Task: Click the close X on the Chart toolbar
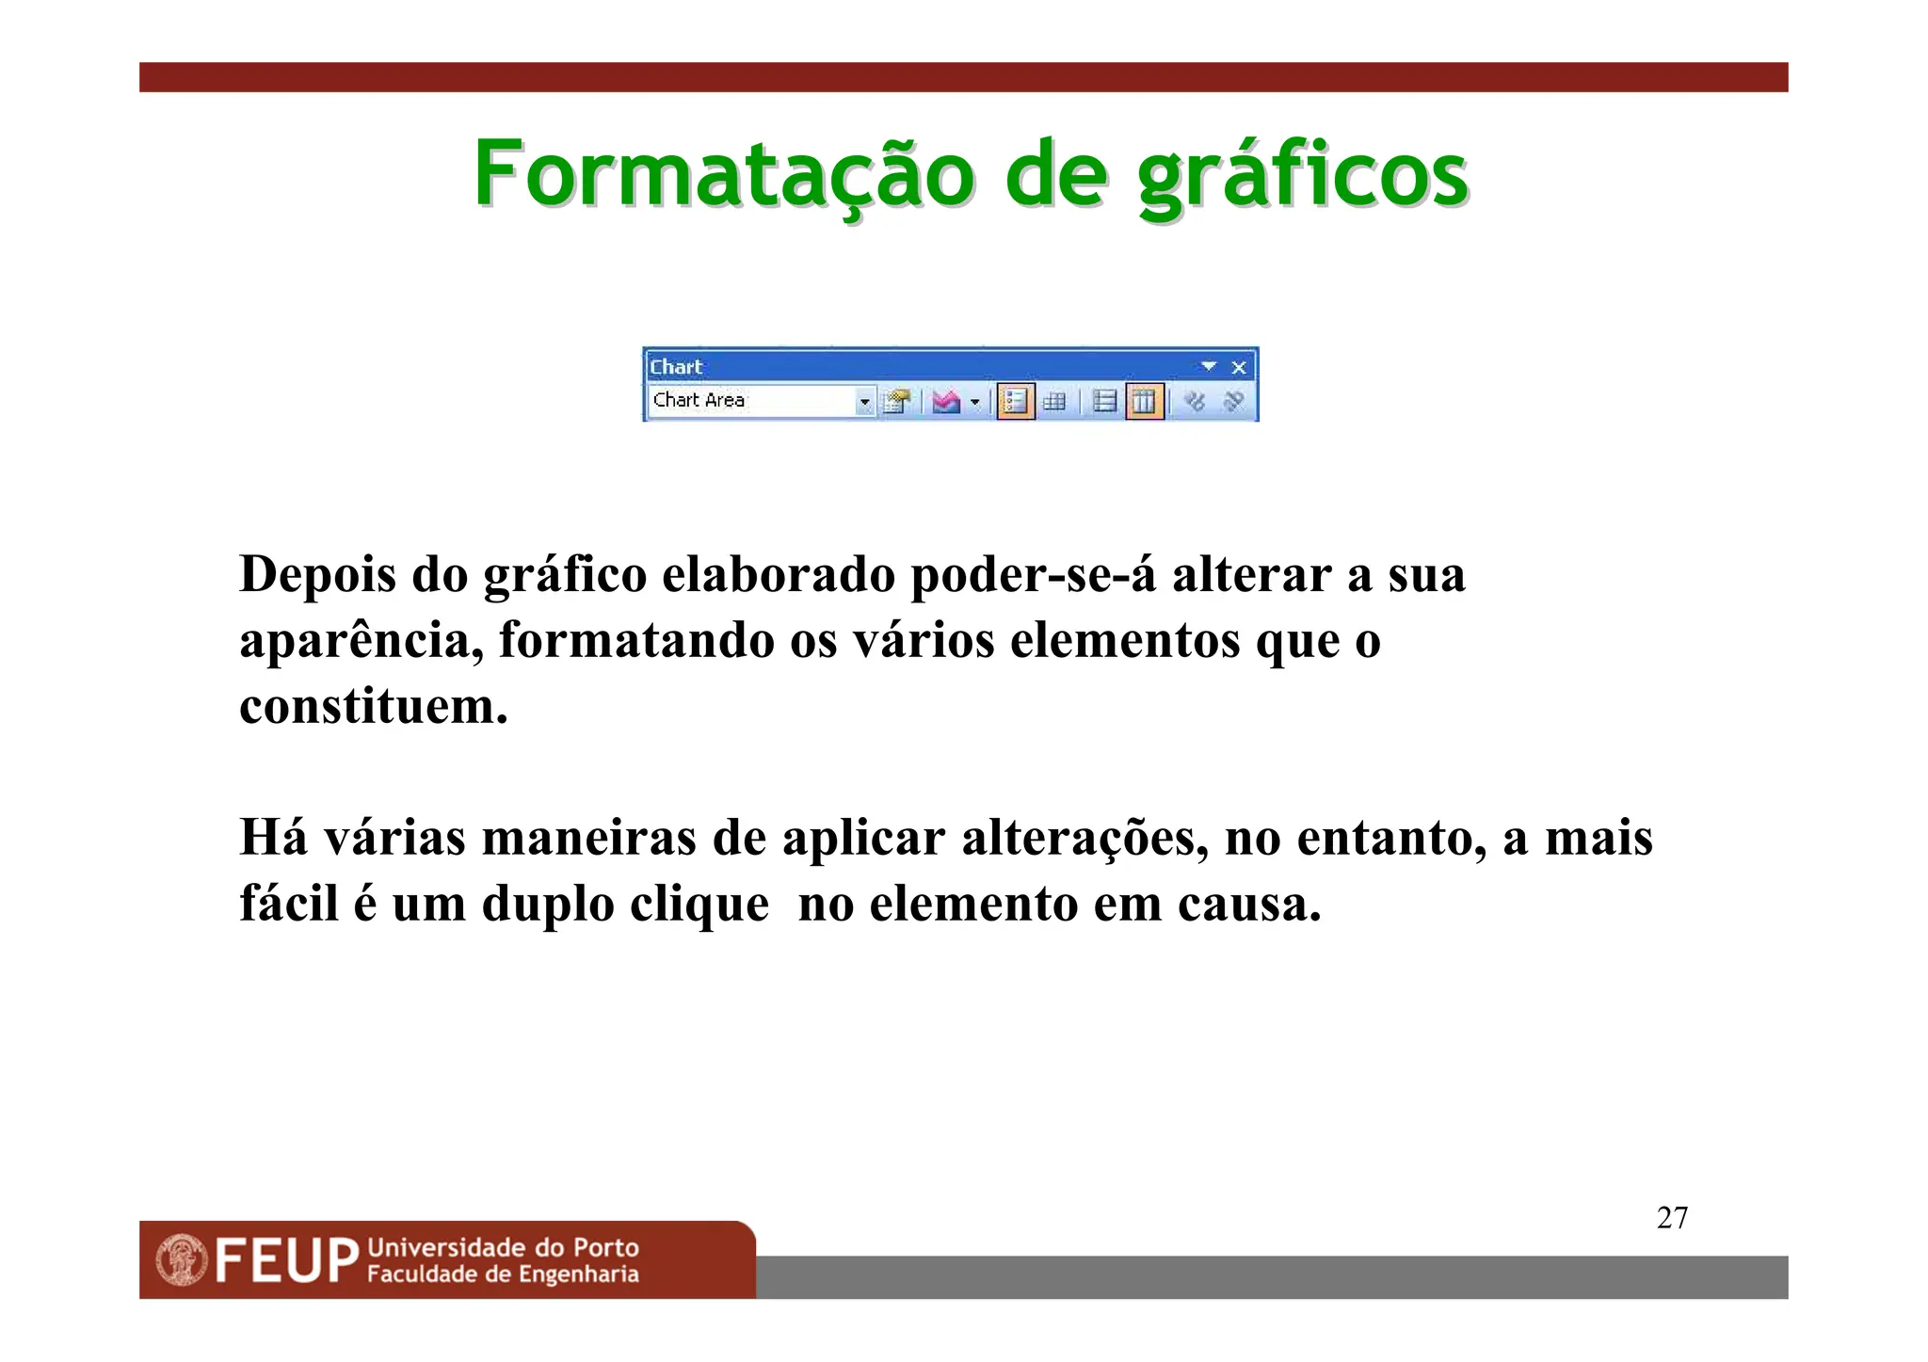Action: pos(1239,367)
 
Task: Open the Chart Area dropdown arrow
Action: pos(864,403)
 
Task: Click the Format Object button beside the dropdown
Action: pos(897,402)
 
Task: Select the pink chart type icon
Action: pos(945,402)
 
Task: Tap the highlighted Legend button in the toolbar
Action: pos(1015,402)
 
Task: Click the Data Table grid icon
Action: pos(1054,402)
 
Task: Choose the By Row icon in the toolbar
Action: pos(1104,402)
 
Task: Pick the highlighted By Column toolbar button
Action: pos(1144,402)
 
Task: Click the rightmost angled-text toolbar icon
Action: pos(1233,402)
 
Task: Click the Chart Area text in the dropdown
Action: pos(699,400)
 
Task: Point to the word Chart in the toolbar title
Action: pos(676,367)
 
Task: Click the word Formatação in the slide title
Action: pos(723,174)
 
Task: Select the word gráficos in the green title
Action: pos(1302,176)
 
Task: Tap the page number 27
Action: pos(1672,1218)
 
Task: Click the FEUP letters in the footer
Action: pos(287,1260)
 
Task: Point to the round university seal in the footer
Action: pos(182,1260)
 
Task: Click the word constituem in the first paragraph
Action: pos(373,706)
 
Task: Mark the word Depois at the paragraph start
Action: pos(317,574)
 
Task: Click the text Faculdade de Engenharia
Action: pos(503,1274)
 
